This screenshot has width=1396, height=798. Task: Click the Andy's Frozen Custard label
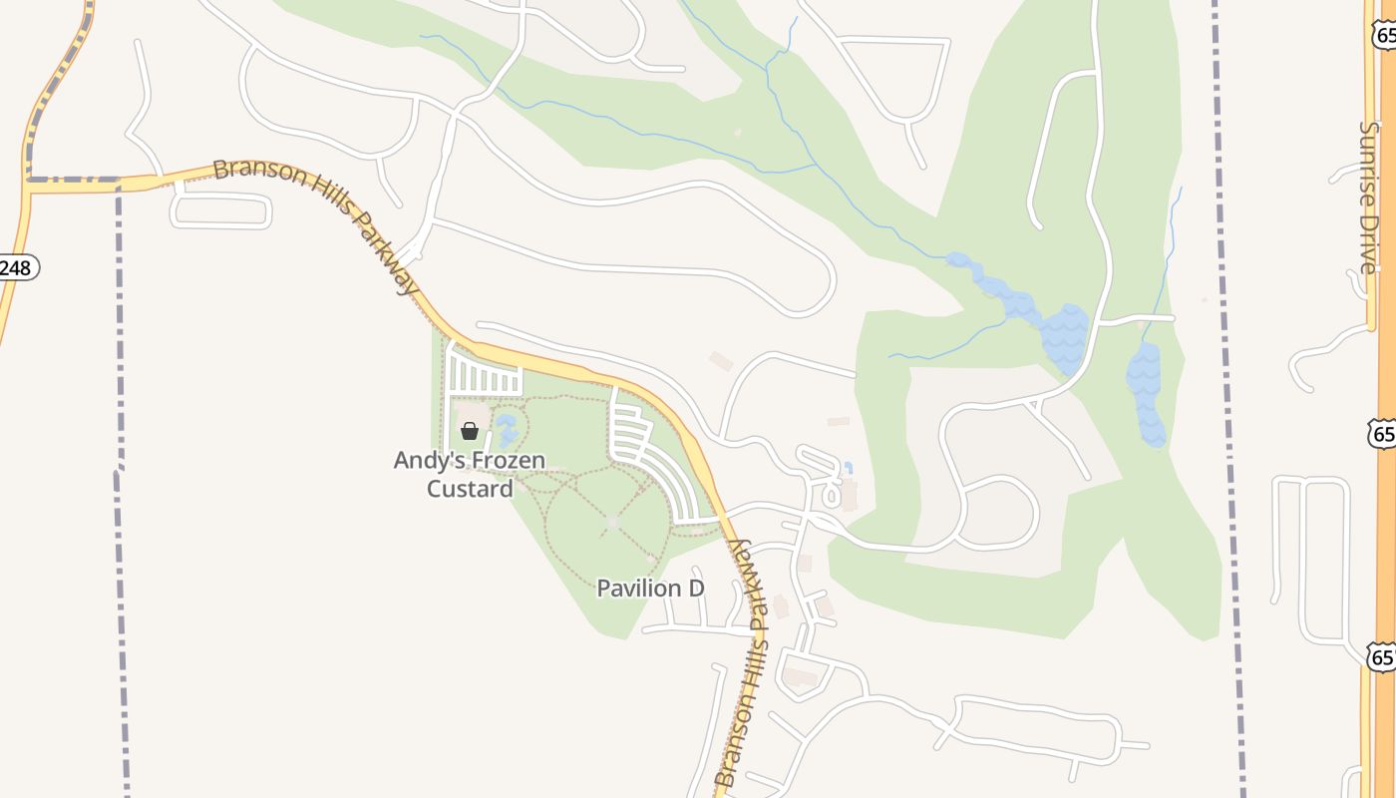click(470, 474)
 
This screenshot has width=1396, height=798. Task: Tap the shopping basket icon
click(470, 431)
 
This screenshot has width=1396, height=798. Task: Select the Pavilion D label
click(650, 589)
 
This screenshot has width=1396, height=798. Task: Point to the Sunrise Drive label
click(1368, 198)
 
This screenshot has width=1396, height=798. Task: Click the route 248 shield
click(17, 267)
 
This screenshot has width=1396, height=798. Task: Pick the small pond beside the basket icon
click(507, 431)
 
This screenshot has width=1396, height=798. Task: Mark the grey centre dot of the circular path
click(612, 522)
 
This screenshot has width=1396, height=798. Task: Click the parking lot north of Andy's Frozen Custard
click(485, 376)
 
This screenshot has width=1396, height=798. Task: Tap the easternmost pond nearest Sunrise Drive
click(1146, 394)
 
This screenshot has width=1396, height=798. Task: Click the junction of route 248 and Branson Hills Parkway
click(28, 184)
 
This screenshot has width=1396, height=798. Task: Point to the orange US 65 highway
click(1385, 399)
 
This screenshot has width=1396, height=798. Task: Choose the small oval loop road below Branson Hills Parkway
click(220, 210)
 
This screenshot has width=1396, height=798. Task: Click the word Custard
click(470, 489)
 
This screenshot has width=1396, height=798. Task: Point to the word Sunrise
click(1368, 164)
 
